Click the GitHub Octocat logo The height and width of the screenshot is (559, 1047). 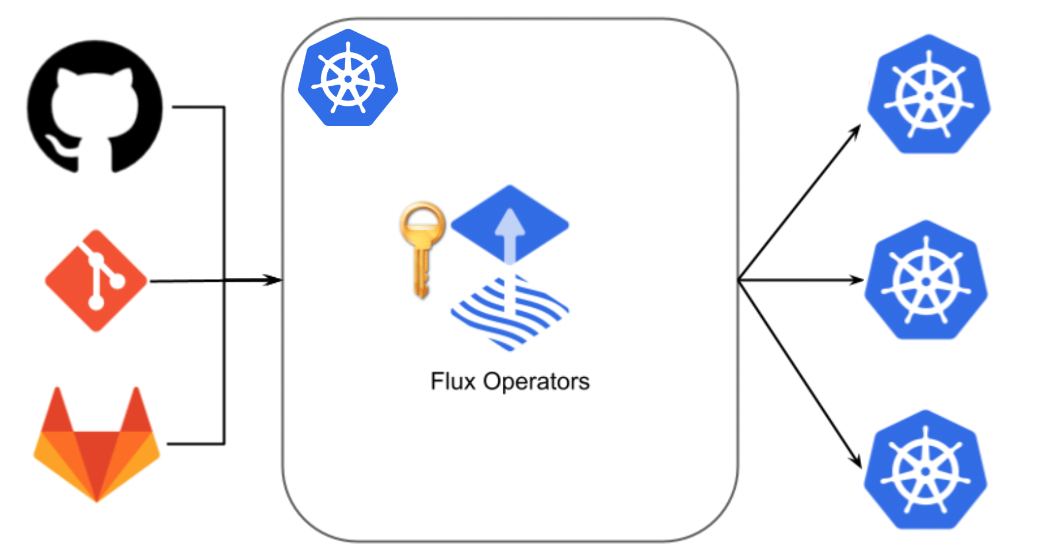click(95, 106)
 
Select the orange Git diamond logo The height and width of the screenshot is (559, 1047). click(96, 281)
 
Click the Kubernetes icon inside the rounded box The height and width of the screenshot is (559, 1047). click(348, 78)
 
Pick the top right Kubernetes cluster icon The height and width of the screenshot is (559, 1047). click(928, 95)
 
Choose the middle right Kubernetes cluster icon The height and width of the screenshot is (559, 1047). click(926, 281)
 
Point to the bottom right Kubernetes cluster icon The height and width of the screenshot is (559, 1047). click(925, 470)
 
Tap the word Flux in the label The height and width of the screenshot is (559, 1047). click(453, 381)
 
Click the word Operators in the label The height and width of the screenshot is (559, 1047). click(536, 381)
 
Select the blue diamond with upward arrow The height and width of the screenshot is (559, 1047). click(510, 224)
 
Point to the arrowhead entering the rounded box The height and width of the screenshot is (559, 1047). click(275, 280)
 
